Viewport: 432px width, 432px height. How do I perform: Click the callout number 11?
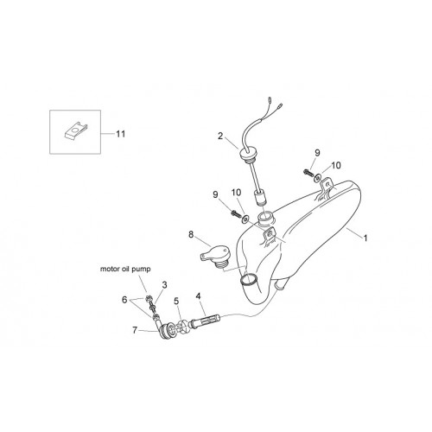pyautogui.click(x=121, y=134)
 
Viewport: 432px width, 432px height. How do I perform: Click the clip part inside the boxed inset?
pyautogui.click(x=75, y=130)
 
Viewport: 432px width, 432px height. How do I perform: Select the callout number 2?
pyautogui.click(x=220, y=136)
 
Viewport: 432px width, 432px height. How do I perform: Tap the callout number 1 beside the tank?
pyautogui.click(x=365, y=238)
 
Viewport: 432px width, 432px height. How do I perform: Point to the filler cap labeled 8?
pyautogui.click(x=214, y=257)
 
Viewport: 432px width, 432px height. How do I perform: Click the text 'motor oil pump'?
pyautogui.click(x=125, y=269)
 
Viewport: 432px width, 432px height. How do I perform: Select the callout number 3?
pyautogui.click(x=164, y=285)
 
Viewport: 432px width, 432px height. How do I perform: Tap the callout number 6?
pyautogui.click(x=124, y=300)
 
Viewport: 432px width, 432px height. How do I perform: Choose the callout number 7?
pyautogui.click(x=135, y=330)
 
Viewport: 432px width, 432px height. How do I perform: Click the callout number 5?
pyautogui.click(x=176, y=301)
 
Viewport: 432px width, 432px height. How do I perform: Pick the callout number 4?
pyautogui.click(x=198, y=295)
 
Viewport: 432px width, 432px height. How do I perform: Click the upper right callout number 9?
pyautogui.click(x=317, y=153)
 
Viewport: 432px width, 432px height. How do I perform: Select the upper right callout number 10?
pyautogui.click(x=336, y=165)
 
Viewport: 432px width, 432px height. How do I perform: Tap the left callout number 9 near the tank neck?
pyautogui.click(x=215, y=194)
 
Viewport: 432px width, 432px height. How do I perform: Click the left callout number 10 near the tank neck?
pyautogui.click(x=236, y=193)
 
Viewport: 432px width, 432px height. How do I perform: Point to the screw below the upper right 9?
pyautogui.click(x=308, y=173)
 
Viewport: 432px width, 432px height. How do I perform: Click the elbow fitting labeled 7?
pyautogui.click(x=165, y=330)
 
